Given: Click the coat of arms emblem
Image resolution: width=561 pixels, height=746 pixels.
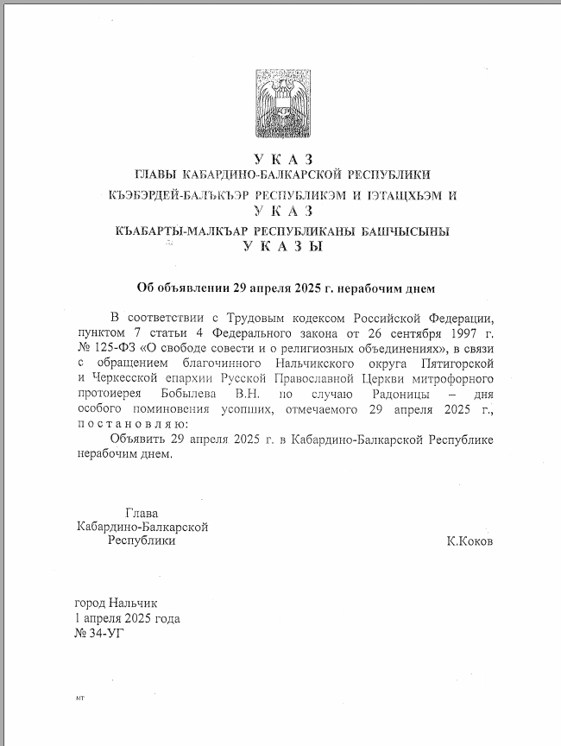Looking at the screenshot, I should point(281,101).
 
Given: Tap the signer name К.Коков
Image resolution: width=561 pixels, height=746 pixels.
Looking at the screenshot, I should point(470,541).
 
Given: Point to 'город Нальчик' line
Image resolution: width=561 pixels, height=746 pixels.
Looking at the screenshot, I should point(117,604).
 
